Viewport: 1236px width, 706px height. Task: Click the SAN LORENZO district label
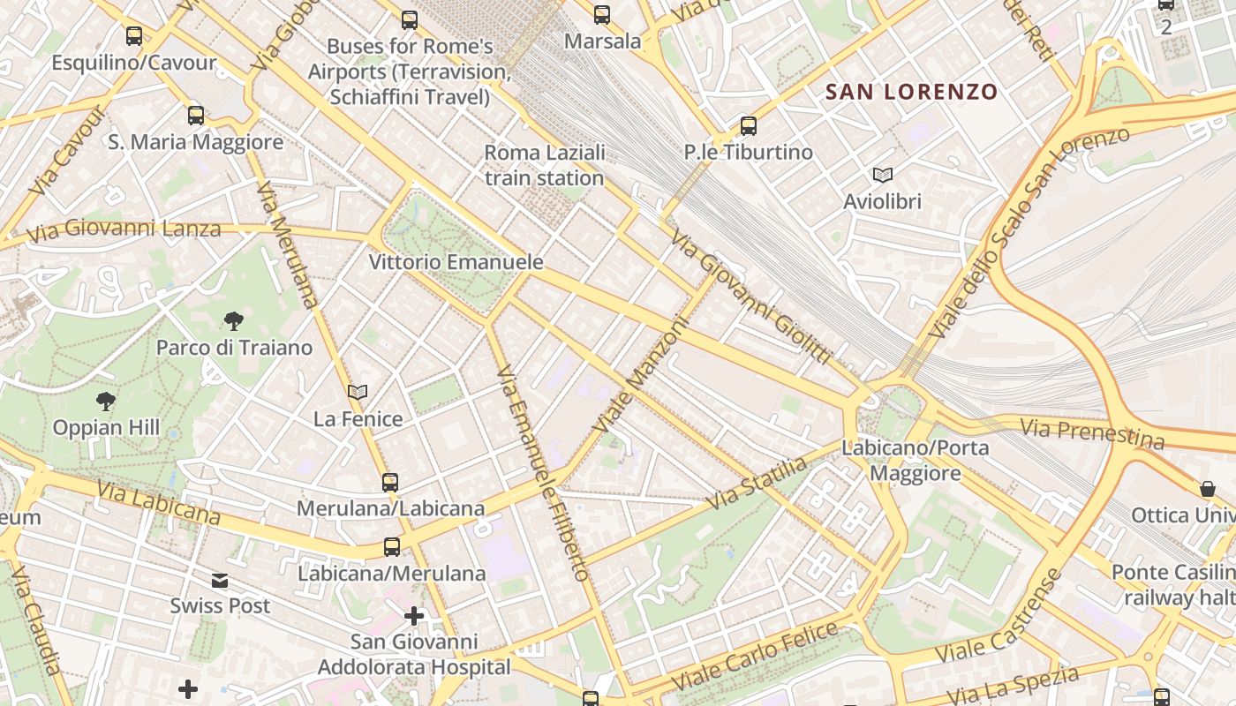coord(911,92)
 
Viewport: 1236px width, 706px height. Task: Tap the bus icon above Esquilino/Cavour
coord(134,36)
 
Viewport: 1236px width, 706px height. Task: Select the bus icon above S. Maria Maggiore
coord(196,116)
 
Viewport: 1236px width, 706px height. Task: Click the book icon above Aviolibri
coord(882,175)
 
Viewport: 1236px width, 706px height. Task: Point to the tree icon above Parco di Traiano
coord(234,321)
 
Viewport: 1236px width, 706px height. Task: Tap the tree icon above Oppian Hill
coord(106,402)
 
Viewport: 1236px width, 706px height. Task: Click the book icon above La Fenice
coord(358,392)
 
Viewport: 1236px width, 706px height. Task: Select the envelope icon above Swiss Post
coord(220,580)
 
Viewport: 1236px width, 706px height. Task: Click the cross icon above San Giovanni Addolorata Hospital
coord(414,615)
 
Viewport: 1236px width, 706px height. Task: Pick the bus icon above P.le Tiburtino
coord(749,126)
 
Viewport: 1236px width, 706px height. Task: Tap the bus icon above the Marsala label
coord(602,15)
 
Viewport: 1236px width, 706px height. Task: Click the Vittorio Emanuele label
coord(456,262)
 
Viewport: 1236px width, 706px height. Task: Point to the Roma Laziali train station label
coord(545,165)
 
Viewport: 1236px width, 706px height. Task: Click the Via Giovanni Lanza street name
coord(124,230)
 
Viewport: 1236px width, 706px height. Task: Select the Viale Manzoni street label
coord(640,374)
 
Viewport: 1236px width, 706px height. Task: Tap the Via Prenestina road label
coord(1092,433)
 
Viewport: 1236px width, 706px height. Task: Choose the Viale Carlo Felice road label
coord(755,656)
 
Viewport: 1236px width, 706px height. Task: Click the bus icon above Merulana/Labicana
coord(390,483)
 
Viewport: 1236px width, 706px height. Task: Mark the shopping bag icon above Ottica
coord(1207,489)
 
